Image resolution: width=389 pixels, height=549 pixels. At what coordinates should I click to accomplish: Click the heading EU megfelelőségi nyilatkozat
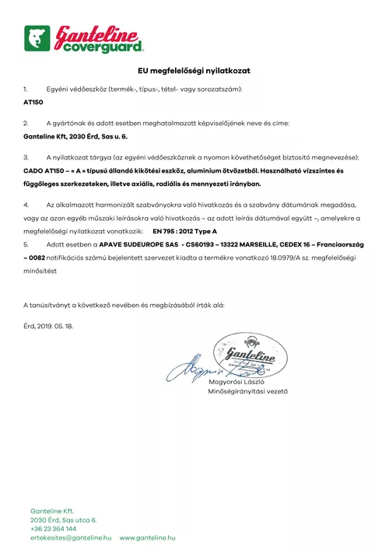point(194,71)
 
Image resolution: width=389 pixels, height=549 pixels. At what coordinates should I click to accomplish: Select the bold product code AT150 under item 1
point(33,102)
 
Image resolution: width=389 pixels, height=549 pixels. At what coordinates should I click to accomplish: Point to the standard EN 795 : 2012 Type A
point(184,232)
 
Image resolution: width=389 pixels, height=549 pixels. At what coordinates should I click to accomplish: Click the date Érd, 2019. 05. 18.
point(48,326)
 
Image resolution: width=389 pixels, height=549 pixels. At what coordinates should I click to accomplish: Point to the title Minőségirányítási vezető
point(248,391)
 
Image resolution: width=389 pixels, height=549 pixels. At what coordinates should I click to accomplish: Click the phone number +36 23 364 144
point(54,529)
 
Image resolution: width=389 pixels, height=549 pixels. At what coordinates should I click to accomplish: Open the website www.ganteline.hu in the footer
point(147,538)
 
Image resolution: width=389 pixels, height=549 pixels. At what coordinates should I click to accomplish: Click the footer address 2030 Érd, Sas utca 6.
point(64,519)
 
